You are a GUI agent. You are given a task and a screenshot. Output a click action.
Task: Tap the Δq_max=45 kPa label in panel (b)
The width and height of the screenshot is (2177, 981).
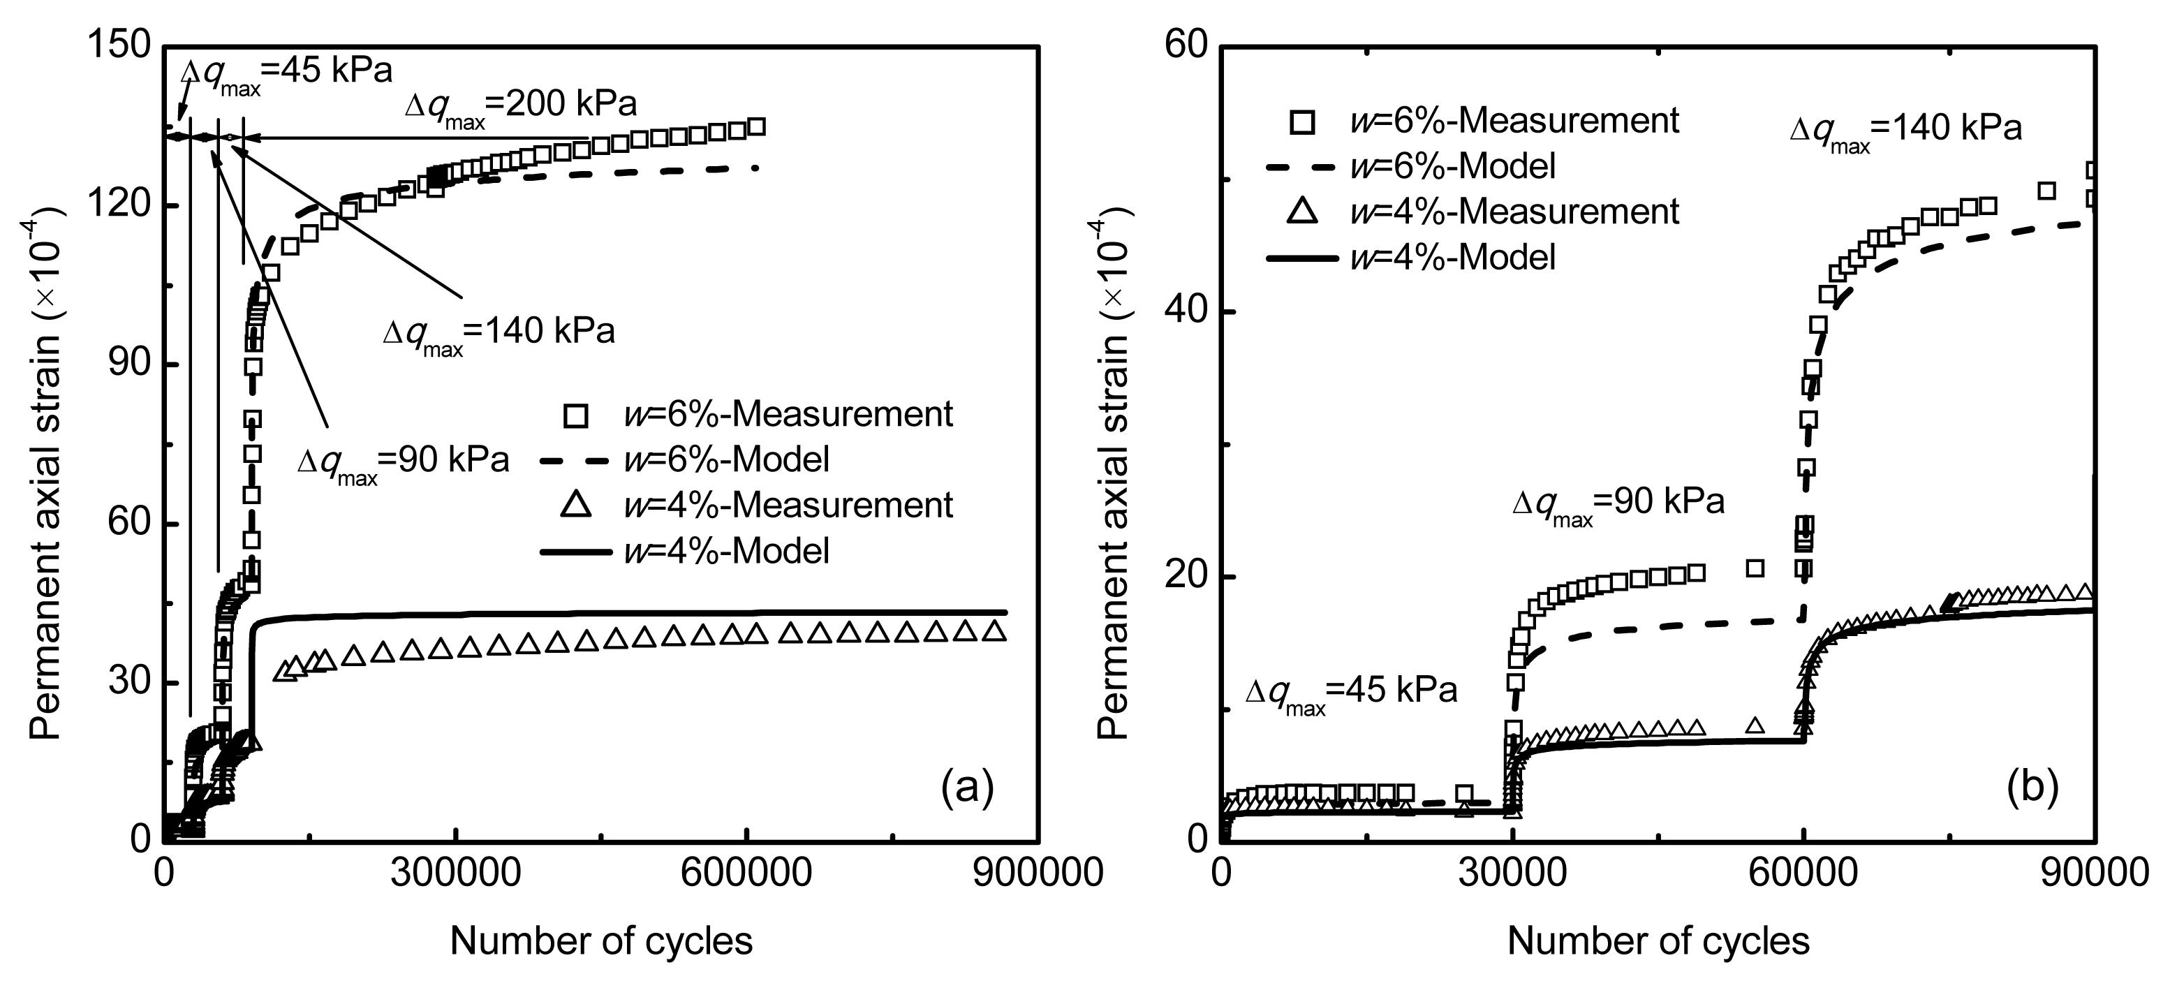click(1350, 693)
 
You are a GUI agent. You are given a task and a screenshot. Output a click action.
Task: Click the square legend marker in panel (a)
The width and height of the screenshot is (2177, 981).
click(575, 415)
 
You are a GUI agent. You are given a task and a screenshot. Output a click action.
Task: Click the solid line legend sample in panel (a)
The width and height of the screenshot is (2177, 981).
click(575, 552)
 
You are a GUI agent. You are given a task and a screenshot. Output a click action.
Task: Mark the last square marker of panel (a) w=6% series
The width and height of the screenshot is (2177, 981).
click(756, 127)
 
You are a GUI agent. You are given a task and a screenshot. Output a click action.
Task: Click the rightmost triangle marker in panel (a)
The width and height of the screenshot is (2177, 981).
click(996, 631)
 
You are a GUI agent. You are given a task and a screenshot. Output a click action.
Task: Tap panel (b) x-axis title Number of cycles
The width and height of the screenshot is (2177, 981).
click(1658, 941)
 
